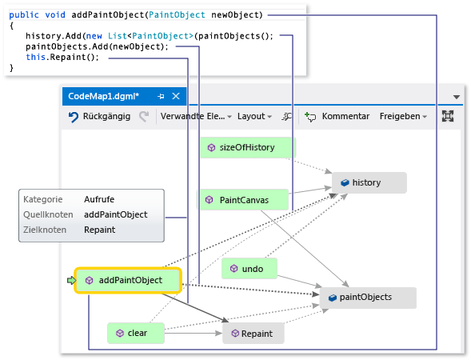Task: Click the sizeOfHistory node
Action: point(247,147)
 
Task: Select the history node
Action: point(368,182)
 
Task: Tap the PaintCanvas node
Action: point(243,199)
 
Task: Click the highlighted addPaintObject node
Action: point(129,280)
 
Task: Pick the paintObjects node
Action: point(368,298)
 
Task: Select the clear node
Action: point(135,333)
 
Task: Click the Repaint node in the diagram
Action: point(253,334)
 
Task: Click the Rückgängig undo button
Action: point(100,116)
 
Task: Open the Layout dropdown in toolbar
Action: point(254,116)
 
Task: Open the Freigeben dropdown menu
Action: point(402,116)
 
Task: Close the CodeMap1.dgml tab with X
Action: point(176,96)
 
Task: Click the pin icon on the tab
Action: point(161,96)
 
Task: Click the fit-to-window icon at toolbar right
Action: point(448,116)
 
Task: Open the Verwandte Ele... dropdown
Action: point(195,116)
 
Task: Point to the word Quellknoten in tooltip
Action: point(48,214)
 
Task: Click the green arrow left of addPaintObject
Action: point(70,280)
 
